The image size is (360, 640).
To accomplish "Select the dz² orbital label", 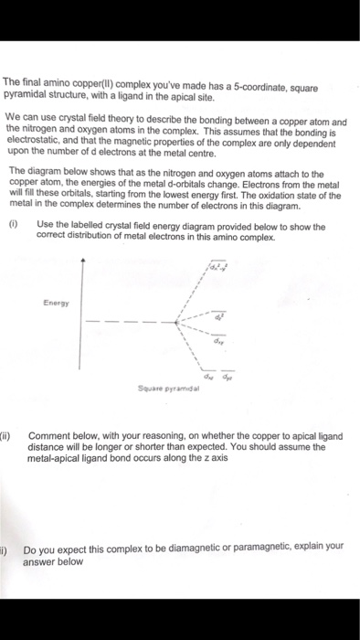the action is [219, 315].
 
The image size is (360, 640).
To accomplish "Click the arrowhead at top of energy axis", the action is [84, 260].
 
